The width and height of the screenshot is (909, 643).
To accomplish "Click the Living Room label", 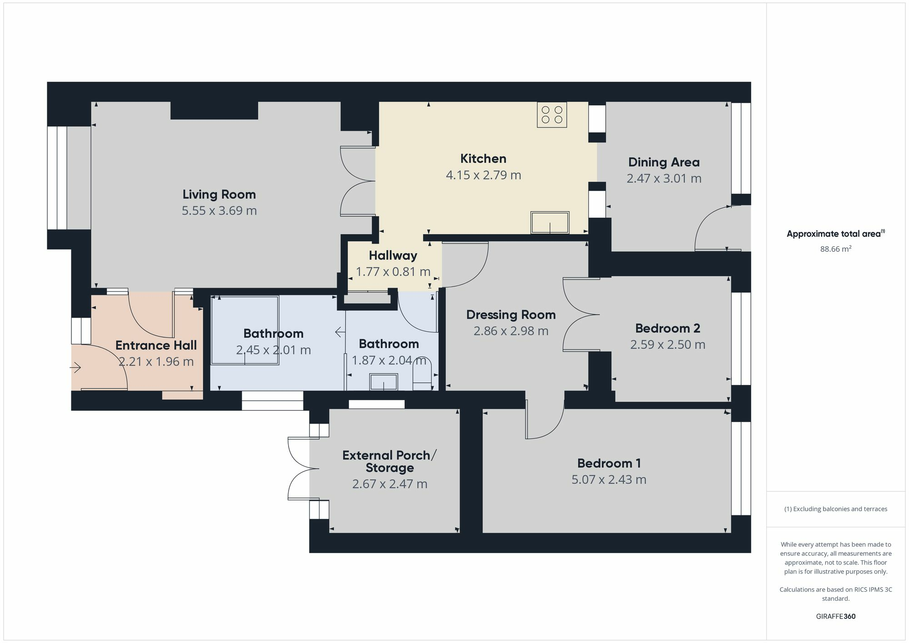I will pos(219,194).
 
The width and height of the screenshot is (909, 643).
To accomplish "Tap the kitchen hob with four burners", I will pos(552,115).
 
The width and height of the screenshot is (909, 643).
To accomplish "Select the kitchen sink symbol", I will pos(550,223).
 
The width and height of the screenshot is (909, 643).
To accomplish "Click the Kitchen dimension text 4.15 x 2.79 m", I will pos(483,175).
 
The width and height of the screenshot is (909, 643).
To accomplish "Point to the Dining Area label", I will pos(664,162).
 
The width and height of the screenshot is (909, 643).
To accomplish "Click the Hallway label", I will pos(393,255).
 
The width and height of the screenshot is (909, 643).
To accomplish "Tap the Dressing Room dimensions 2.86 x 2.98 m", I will pos(511,331).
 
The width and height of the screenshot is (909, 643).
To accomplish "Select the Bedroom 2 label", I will pos(667,328).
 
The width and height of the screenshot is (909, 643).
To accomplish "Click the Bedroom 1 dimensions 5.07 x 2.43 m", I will pos(609,480).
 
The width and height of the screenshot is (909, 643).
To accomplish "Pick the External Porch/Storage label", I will pos(390,461).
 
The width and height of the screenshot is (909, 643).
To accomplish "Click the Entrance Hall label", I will pos(156,345).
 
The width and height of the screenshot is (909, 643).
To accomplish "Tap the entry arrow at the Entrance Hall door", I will pos(75,367).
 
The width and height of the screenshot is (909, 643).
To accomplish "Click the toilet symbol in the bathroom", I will pos(422,379).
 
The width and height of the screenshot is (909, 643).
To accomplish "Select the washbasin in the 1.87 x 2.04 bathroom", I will pos(384,382).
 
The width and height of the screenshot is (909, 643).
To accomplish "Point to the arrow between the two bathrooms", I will pos(340,333).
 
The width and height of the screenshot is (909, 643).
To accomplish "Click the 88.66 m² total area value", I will pos(835,249).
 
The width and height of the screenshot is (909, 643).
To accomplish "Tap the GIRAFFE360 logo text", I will pos(835,617).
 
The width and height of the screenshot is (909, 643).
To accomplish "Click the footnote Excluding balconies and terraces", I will pos(835,509).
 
